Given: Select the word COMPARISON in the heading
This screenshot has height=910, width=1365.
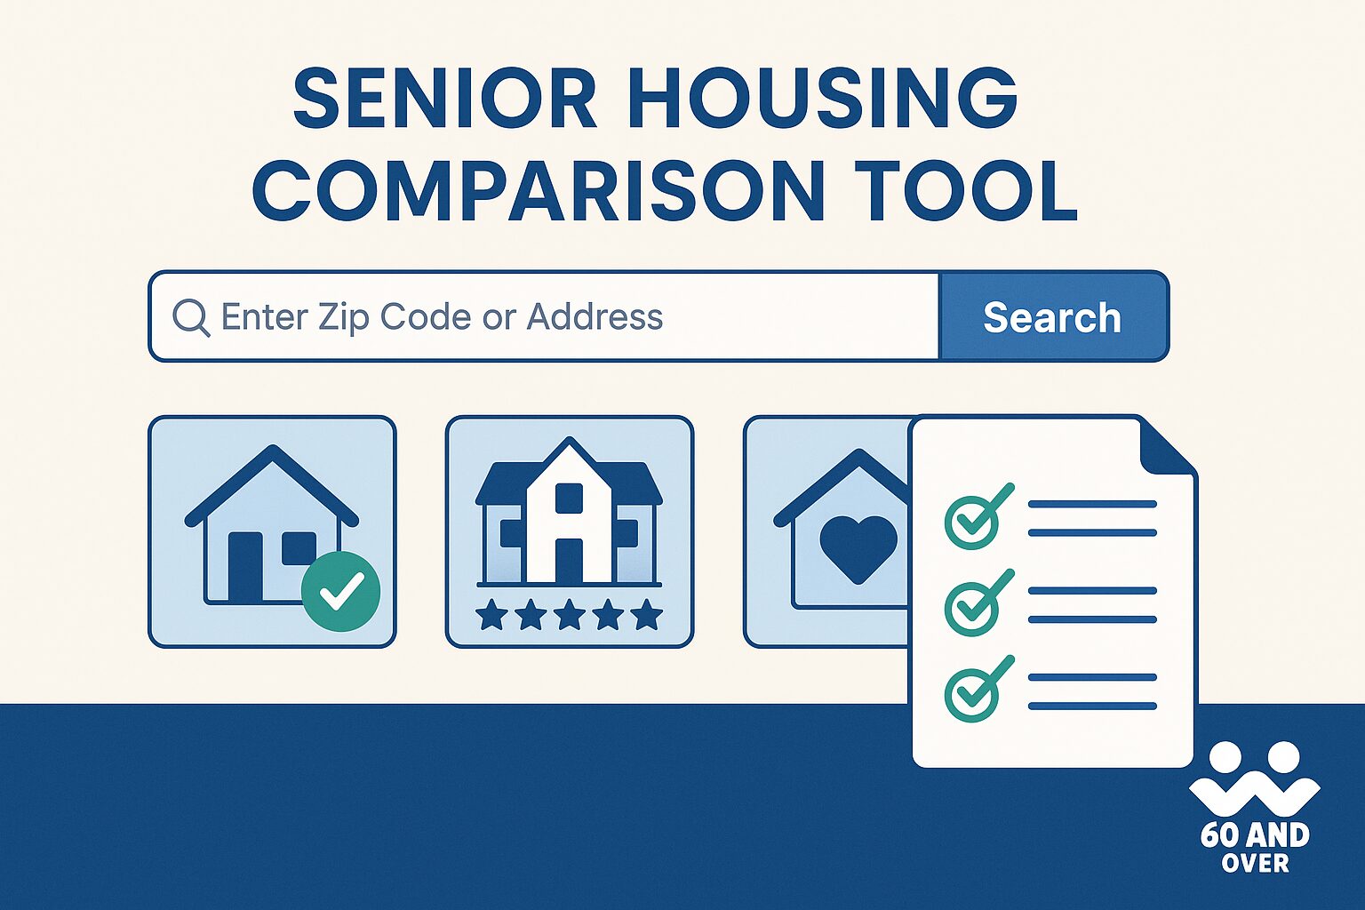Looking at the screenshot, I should point(539,191).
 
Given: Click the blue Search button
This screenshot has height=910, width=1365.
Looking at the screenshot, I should point(1053,317).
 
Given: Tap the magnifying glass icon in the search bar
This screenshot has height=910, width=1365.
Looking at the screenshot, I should point(190,317).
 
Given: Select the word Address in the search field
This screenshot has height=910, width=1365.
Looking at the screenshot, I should point(595,317).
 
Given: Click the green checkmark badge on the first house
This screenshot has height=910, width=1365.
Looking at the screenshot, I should point(340,591).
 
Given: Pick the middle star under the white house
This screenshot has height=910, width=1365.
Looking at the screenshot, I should point(569,614).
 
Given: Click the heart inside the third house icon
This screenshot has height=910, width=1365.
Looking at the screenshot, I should point(858,547).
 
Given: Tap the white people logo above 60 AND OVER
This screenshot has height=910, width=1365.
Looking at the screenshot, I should point(1254,778).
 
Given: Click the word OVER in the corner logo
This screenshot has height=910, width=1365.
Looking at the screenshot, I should point(1255,863).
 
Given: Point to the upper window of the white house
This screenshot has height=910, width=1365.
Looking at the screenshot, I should point(569,498).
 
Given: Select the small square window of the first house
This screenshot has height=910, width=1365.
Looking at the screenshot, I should point(299,547).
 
